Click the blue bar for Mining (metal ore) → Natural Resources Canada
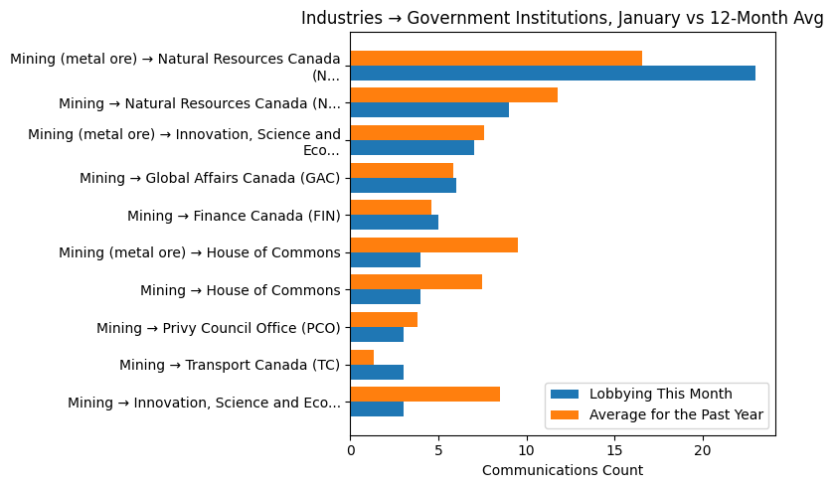pyautogui.click(x=553, y=73)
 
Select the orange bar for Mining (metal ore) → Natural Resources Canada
pyautogui.click(x=496, y=58)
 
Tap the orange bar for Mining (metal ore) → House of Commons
pyautogui.click(x=434, y=244)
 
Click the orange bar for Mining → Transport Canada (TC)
pyautogui.click(x=362, y=357)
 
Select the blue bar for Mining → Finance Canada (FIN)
pyautogui.click(x=395, y=222)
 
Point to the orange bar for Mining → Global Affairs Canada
pyautogui.click(x=402, y=170)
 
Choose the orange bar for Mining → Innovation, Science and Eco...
pyautogui.click(x=425, y=394)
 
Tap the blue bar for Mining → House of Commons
pyautogui.click(x=386, y=296)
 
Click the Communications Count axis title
pyautogui.click(x=562, y=470)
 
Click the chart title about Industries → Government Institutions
pyautogui.click(x=562, y=18)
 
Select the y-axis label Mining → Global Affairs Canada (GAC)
pyautogui.click(x=210, y=178)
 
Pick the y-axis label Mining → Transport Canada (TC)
pyautogui.click(x=230, y=365)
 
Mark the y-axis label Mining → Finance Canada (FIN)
pyautogui.click(x=234, y=216)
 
